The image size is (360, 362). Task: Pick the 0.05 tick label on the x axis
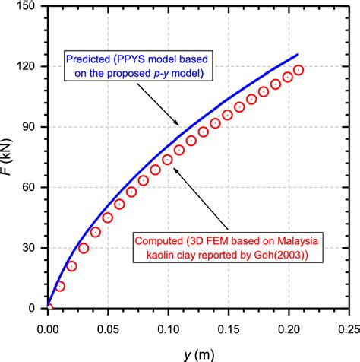coord(108,322)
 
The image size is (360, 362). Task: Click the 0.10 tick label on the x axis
coord(168,322)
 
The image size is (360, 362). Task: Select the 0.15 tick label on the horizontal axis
coord(228,322)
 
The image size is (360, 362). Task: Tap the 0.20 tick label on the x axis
coord(288,322)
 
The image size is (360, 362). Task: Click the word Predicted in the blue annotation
coord(91,59)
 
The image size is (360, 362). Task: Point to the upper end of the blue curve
coord(298,54)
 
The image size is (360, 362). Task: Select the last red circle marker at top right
coord(298,70)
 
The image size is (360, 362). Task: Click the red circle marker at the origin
coord(48,308)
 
